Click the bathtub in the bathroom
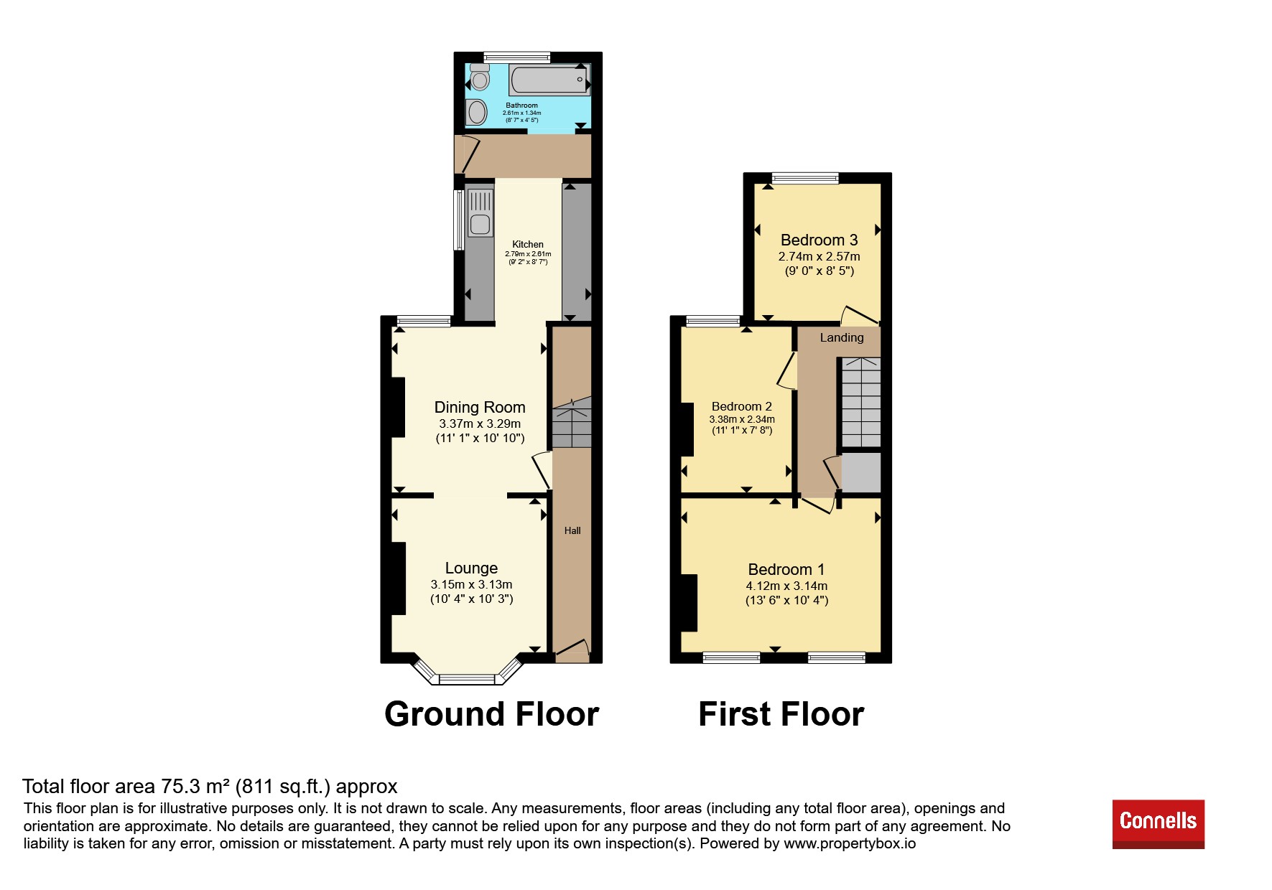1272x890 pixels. coord(549,80)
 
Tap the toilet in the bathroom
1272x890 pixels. coord(480,77)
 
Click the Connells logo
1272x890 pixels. coord(1158,823)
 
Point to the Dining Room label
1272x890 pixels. coord(480,407)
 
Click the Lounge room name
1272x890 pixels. coord(471,568)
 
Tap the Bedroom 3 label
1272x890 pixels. coord(819,240)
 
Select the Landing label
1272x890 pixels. coord(842,337)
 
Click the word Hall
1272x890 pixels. coord(572,530)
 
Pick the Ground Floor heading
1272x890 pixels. coord(492,714)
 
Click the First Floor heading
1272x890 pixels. coord(781,714)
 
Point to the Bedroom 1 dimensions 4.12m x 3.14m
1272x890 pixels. coord(786,586)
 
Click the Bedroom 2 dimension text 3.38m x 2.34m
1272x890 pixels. coord(742,419)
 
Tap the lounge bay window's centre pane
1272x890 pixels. coord(467,678)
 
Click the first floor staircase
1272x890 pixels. coord(860,403)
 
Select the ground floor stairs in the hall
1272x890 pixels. coord(572,423)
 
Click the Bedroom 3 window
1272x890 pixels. coord(805,178)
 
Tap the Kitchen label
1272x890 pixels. coord(528,244)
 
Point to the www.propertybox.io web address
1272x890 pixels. coord(850,844)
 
